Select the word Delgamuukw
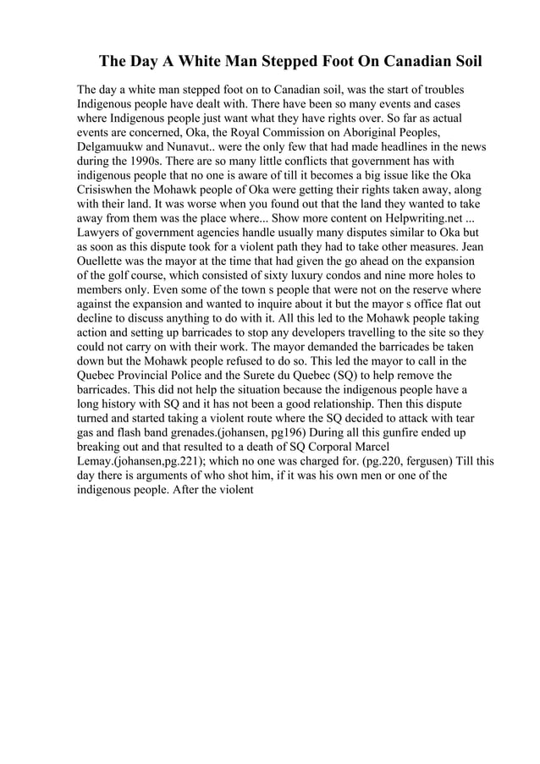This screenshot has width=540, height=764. (x=115, y=146)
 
